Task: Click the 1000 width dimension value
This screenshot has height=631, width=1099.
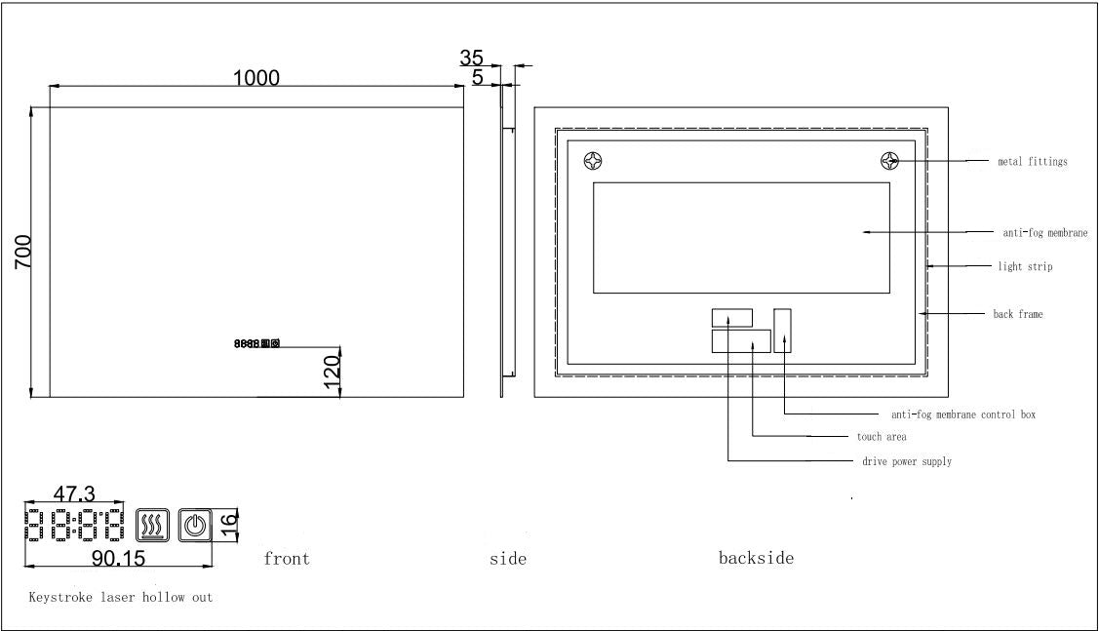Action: [x=256, y=78]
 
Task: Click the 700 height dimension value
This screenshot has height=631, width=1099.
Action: [x=23, y=252]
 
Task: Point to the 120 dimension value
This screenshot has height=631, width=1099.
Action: [x=331, y=371]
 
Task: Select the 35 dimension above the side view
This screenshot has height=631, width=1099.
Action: [x=473, y=58]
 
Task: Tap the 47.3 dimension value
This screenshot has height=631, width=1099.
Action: [x=73, y=494]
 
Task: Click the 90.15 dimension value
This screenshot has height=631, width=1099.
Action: [x=119, y=557]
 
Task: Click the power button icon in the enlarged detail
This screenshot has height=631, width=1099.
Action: [x=195, y=527]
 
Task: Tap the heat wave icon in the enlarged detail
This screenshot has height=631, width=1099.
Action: [x=153, y=527]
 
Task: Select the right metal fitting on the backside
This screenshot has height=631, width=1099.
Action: [x=890, y=161]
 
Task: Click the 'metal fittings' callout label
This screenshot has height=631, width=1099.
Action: [x=1032, y=162]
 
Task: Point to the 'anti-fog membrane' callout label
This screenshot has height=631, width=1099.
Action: [x=1044, y=233]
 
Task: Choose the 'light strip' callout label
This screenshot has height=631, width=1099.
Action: [x=1025, y=266]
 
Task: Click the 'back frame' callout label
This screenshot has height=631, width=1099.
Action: [x=1018, y=314]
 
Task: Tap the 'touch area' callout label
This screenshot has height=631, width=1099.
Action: [x=882, y=437]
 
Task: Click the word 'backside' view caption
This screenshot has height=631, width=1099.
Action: [x=756, y=558]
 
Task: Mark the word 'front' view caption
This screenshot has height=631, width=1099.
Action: [x=287, y=559]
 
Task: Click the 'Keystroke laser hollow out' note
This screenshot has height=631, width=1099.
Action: [x=121, y=597]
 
